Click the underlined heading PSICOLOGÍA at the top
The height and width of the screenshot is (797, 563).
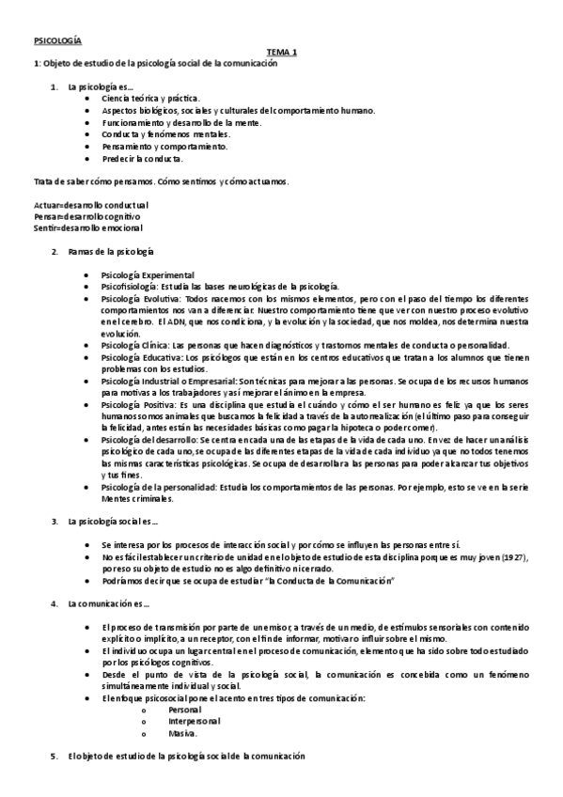click(x=58, y=41)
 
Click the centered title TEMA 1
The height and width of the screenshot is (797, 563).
click(x=281, y=52)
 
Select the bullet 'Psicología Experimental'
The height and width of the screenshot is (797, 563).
click(x=148, y=274)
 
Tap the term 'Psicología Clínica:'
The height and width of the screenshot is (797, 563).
click(x=140, y=344)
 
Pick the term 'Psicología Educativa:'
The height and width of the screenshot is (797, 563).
click(x=145, y=356)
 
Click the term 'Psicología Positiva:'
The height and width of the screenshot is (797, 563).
click(x=142, y=402)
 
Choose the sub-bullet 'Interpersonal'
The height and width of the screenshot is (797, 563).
click(x=195, y=721)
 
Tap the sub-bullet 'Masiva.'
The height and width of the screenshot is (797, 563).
click(x=182, y=733)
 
